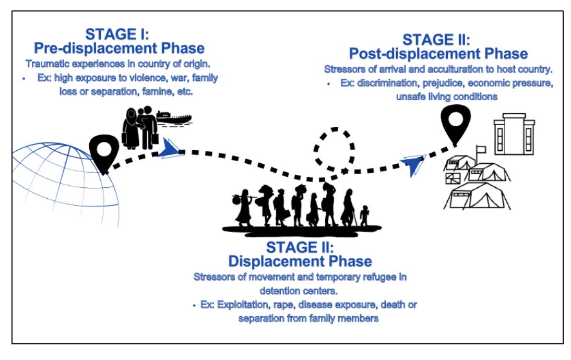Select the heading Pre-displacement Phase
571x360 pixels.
tap(119, 49)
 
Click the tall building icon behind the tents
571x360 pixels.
tap(514, 136)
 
